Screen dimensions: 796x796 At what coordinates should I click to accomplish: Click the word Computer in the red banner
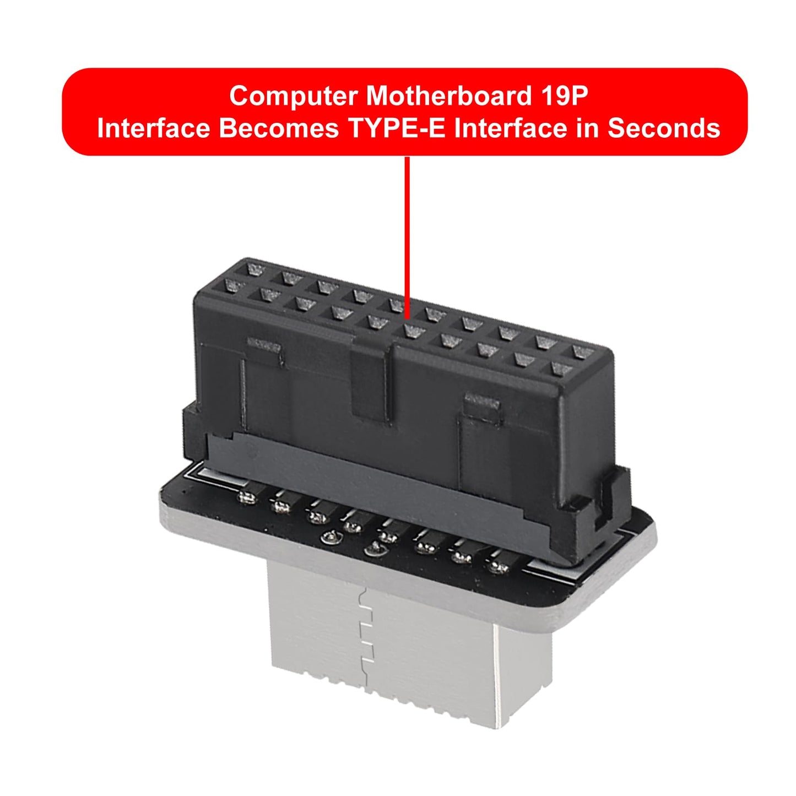(294, 96)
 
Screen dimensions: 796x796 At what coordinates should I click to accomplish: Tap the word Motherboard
(448, 96)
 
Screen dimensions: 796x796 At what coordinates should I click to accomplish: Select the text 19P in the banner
(564, 96)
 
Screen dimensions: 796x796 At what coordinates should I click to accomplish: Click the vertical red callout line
(407, 237)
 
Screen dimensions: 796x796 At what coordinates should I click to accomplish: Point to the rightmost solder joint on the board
(498, 567)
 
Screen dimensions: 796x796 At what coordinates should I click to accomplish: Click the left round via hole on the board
(331, 538)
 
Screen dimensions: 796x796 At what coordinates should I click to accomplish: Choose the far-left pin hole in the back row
(255, 270)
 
